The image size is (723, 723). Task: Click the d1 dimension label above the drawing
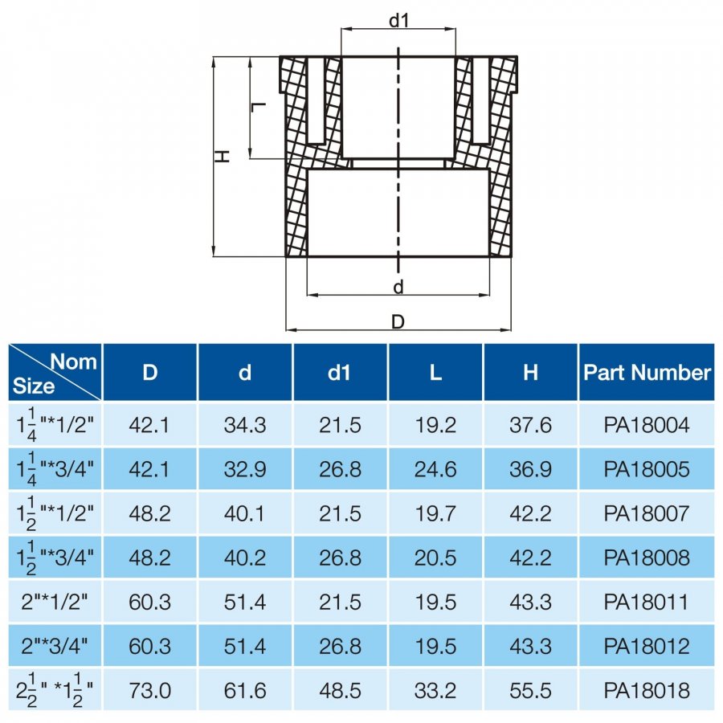[398, 20]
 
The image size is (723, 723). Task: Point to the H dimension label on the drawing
[223, 157]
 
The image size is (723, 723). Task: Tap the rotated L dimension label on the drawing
[258, 108]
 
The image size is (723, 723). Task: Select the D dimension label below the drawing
[398, 322]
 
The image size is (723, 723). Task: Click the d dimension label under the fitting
[398, 287]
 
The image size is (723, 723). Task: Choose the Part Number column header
[647, 372]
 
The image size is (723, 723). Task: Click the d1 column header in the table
[339, 372]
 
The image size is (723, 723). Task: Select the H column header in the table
[530, 372]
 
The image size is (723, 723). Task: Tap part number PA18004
[647, 425]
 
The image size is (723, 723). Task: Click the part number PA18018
[647, 690]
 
